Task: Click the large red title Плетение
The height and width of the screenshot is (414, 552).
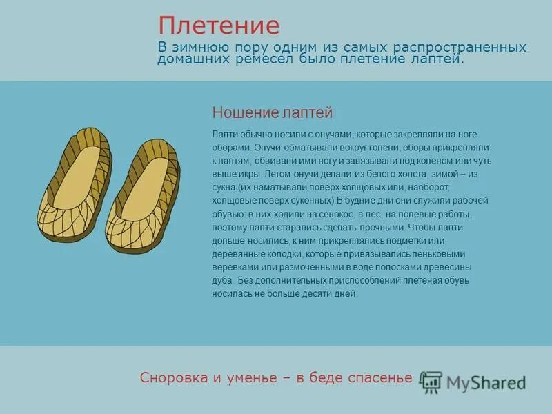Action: pos(219,26)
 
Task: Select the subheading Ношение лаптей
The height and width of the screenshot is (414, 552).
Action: pos(273,112)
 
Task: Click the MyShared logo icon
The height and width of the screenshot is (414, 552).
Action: pos(432,382)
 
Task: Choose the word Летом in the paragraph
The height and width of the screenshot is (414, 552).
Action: pos(277,174)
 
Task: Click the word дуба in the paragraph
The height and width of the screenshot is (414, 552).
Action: pos(222,280)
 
